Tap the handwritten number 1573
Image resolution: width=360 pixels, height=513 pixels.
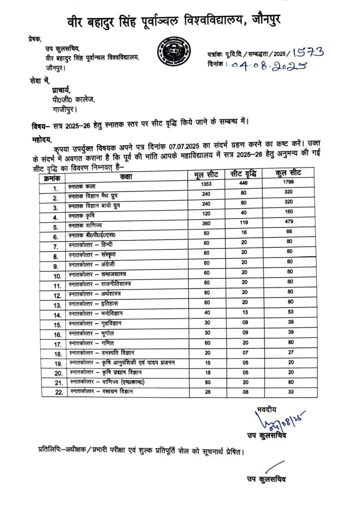(x=308, y=52)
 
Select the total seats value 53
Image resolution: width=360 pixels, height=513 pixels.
(x=288, y=314)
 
